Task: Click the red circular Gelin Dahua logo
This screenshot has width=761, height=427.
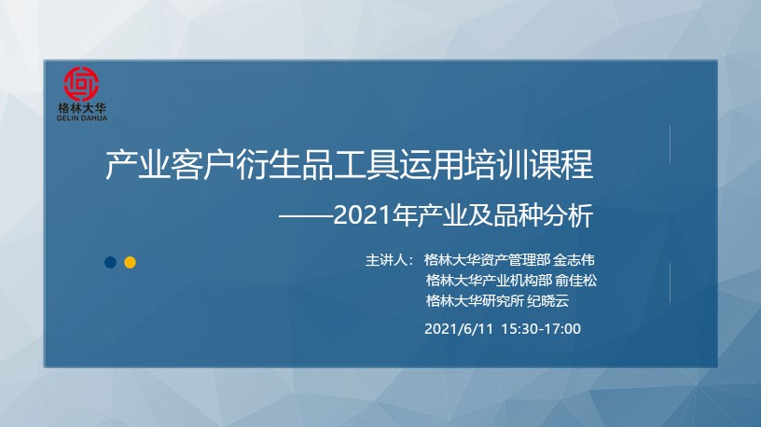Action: [81, 84]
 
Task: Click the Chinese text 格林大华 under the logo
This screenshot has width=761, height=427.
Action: [81, 108]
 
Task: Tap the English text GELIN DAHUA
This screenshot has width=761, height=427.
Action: [81, 117]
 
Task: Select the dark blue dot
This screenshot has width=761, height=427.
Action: [110, 263]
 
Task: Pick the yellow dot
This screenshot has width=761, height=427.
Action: [130, 263]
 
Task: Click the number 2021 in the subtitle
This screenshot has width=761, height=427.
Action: [363, 216]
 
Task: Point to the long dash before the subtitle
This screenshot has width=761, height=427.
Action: [306, 216]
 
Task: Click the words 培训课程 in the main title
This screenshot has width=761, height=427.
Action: [530, 165]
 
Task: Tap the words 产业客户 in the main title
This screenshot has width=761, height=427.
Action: [171, 165]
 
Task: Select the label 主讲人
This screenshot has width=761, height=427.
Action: [386, 260]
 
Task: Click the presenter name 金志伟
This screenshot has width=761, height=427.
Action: [574, 260]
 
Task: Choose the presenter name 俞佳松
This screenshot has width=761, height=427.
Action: [576, 281]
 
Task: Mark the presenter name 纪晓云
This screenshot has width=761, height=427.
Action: [548, 301]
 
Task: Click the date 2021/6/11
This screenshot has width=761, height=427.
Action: [459, 329]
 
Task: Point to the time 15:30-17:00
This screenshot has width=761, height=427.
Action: [541, 329]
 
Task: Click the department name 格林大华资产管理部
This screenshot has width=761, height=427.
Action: [487, 260]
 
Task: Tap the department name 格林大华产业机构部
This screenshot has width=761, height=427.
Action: [490, 281]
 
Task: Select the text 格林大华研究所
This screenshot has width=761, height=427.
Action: [475, 301]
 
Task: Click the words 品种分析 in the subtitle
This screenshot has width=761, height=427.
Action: [544, 216]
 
